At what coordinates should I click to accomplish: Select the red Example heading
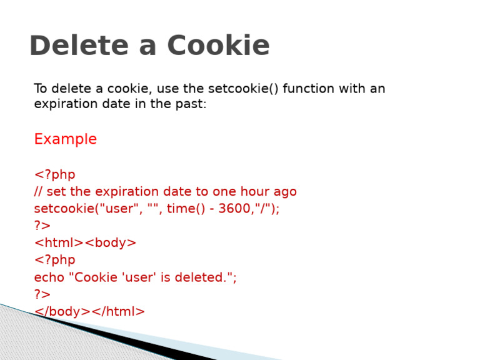[x=65, y=139]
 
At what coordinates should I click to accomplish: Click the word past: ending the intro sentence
[x=190, y=104]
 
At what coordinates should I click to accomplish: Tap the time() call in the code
[x=185, y=209]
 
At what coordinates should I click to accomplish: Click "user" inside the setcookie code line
[x=122, y=209]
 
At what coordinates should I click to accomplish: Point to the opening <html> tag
[x=59, y=242]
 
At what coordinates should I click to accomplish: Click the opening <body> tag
[x=111, y=242]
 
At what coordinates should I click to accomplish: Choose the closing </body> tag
[x=62, y=311]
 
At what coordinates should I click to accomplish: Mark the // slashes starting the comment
[x=38, y=192]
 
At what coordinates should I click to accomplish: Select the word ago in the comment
[x=284, y=192]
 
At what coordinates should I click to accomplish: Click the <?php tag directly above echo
[x=54, y=260]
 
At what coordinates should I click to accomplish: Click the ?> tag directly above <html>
[x=42, y=226]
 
